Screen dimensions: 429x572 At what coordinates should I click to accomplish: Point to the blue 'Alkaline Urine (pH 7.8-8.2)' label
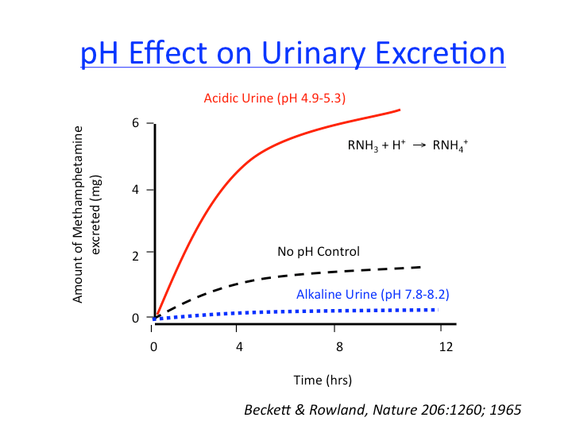(x=373, y=294)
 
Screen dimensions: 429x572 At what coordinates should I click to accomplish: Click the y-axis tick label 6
(x=136, y=124)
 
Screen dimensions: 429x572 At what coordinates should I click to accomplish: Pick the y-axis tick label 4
(x=136, y=190)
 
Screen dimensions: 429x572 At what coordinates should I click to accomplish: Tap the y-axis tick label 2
(x=136, y=254)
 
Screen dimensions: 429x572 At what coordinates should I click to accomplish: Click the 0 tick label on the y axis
(x=136, y=318)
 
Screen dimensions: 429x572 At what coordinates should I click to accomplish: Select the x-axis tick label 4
(x=237, y=346)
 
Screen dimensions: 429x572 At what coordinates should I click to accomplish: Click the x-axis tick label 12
(x=446, y=346)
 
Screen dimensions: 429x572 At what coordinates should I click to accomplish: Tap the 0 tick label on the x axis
(x=153, y=346)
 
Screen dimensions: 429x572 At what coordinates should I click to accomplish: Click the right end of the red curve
(x=399, y=110)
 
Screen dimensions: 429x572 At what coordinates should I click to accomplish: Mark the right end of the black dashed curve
(x=419, y=267)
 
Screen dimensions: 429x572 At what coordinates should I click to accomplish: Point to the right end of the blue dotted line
(x=435, y=309)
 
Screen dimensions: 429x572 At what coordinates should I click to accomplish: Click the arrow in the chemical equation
(x=415, y=147)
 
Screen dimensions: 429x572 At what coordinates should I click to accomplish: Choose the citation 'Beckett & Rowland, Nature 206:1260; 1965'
(x=384, y=410)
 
